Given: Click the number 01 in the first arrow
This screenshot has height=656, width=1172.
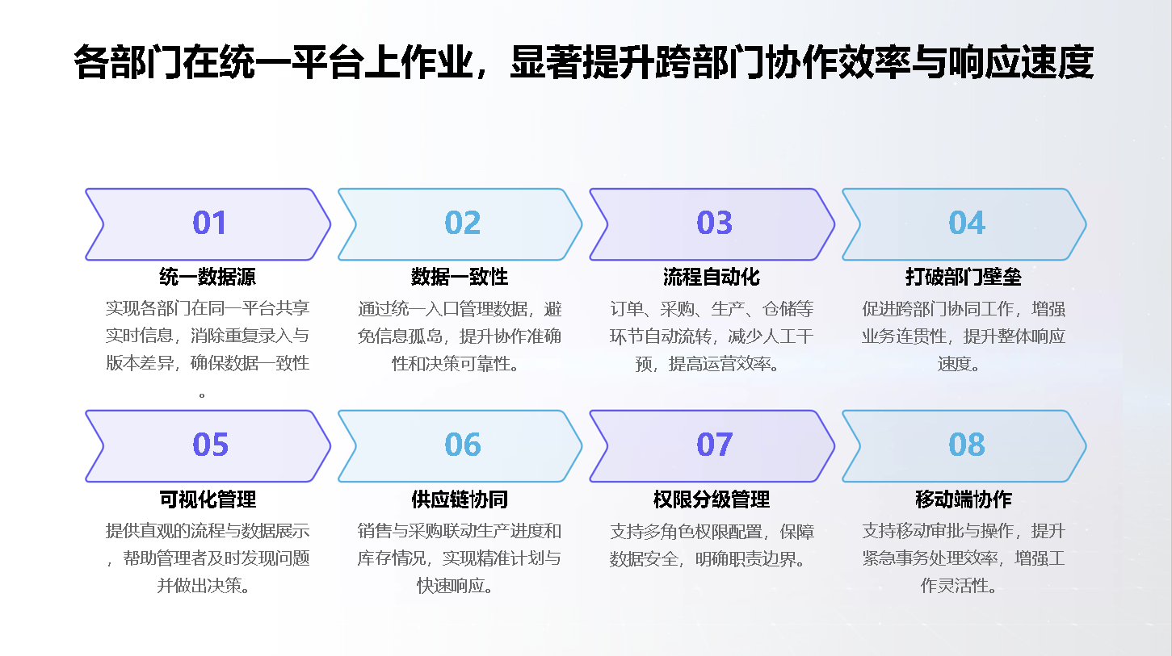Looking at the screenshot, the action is coord(209,223).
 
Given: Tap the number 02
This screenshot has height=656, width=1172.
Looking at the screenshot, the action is coord(463,223).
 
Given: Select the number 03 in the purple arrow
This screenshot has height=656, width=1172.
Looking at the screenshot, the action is coord(714,223).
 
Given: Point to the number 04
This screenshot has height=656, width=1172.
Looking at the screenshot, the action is coord(967,223).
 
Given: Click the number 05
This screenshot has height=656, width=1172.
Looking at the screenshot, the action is coord(210,445).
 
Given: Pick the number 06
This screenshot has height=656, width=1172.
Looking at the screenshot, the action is coord(463,445).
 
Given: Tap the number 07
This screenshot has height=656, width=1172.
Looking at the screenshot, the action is coord(714,445).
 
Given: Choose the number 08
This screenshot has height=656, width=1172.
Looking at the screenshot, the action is coord(967,445).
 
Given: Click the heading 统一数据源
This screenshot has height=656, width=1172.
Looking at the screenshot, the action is coord(208,277).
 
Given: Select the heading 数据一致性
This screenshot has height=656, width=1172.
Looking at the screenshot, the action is coord(460,277).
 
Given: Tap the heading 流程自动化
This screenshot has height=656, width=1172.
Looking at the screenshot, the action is coord(712,277).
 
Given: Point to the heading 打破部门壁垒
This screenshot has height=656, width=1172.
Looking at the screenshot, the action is coord(964,277).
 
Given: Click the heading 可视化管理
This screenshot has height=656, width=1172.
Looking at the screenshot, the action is coord(208,499).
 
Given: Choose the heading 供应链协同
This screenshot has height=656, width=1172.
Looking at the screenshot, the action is coord(460,499).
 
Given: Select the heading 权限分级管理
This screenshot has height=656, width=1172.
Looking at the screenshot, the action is coord(712,499).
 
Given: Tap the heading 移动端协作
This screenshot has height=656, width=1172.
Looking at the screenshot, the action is coord(964,499).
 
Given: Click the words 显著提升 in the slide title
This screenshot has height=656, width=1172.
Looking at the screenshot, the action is coord(582,62).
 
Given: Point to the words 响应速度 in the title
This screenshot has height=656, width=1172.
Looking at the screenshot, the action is coord(1020,62).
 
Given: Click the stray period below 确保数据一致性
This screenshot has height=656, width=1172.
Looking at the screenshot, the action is coord(202,395).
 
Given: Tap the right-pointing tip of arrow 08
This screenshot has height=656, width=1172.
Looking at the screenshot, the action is coord(1086,446).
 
